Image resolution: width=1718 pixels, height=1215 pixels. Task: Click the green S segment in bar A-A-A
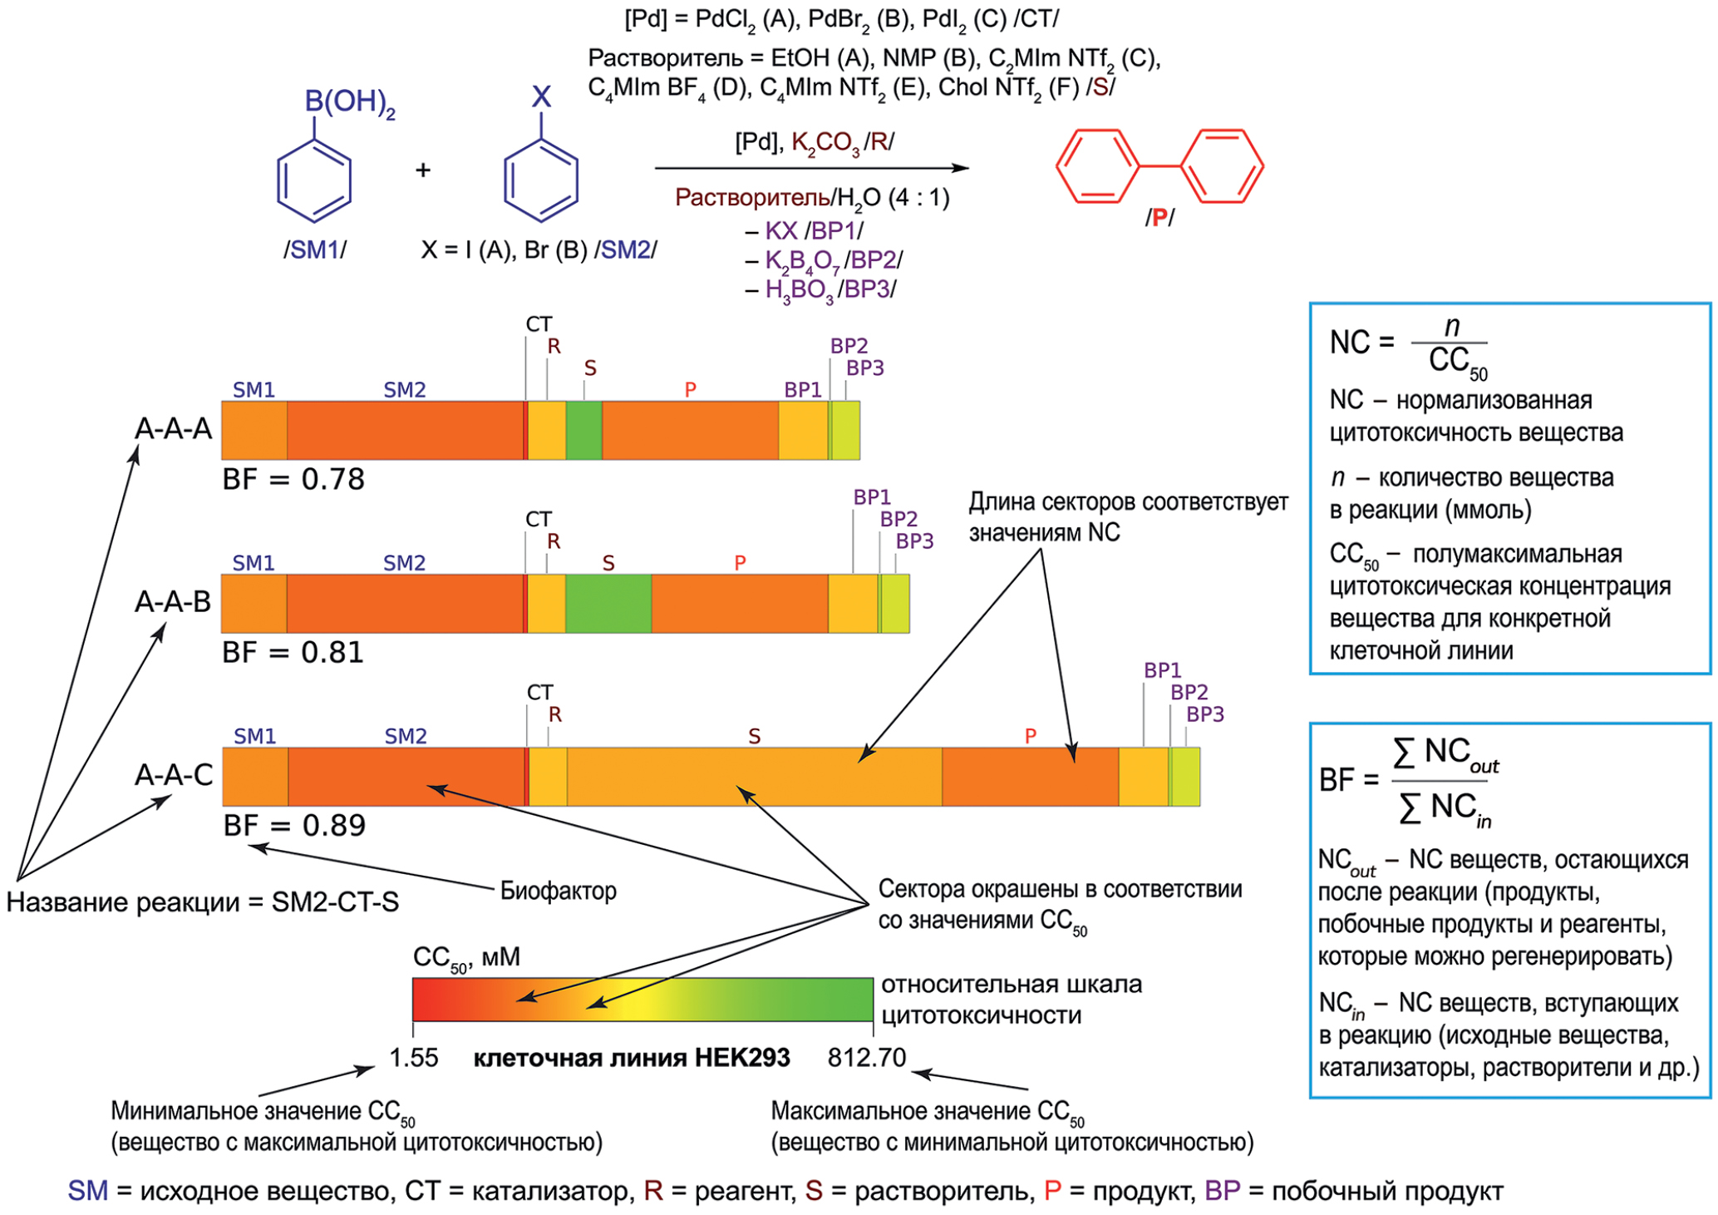point(583,430)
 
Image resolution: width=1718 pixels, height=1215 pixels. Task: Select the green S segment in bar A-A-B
point(608,603)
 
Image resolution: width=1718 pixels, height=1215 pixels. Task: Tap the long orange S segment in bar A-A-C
point(754,776)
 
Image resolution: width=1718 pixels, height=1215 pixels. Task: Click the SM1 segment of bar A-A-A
point(254,430)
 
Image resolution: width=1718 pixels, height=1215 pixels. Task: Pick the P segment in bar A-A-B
point(739,603)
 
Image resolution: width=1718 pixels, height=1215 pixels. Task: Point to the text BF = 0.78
point(293,480)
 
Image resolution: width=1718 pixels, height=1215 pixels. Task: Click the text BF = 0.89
point(294,826)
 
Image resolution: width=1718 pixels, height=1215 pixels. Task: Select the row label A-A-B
point(173,601)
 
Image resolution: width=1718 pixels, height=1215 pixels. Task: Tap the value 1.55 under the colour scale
point(413,1058)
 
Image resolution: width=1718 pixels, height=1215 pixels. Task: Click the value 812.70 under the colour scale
point(866,1058)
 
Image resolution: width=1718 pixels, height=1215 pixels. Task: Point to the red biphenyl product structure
point(1159,166)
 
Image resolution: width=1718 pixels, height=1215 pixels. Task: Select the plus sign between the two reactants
point(423,170)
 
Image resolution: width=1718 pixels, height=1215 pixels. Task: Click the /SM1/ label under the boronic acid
point(315,249)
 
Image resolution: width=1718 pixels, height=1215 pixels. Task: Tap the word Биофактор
point(558,891)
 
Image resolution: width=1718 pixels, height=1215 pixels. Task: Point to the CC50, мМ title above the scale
point(466,958)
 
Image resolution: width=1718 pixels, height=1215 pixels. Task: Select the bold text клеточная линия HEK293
point(632,1058)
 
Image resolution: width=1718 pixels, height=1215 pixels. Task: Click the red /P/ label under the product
point(1159,218)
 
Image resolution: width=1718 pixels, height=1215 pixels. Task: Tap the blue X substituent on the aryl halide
point(541,97)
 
